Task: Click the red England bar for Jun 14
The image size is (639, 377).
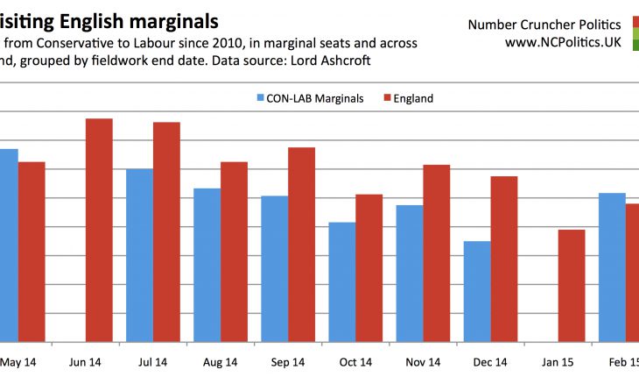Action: click(x=99, y=230)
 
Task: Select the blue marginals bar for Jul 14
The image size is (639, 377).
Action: click(x=139, y=254)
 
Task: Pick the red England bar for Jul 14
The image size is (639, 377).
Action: click(x=166, y=231)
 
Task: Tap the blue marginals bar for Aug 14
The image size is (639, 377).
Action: click(x=207, y=265)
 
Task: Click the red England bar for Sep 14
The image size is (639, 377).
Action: click(x=301, y=244)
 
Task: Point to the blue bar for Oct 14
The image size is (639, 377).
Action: click(x=341, y=281)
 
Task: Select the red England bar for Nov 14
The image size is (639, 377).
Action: click(x=436, y=253)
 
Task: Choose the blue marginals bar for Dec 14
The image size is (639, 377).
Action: click(x=476, y=291)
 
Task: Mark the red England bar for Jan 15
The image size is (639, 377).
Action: click(x=571, y=285)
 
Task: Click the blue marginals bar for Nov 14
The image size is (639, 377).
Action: click(x=409, y=273)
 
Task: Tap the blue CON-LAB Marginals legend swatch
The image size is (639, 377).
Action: click(x=261, y=98)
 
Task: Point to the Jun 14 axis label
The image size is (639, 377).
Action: click(x=85, y=361)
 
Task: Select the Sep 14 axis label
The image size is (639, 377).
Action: click(x=287, y=361)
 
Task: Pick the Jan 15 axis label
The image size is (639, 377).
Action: click(x=557, y=361)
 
